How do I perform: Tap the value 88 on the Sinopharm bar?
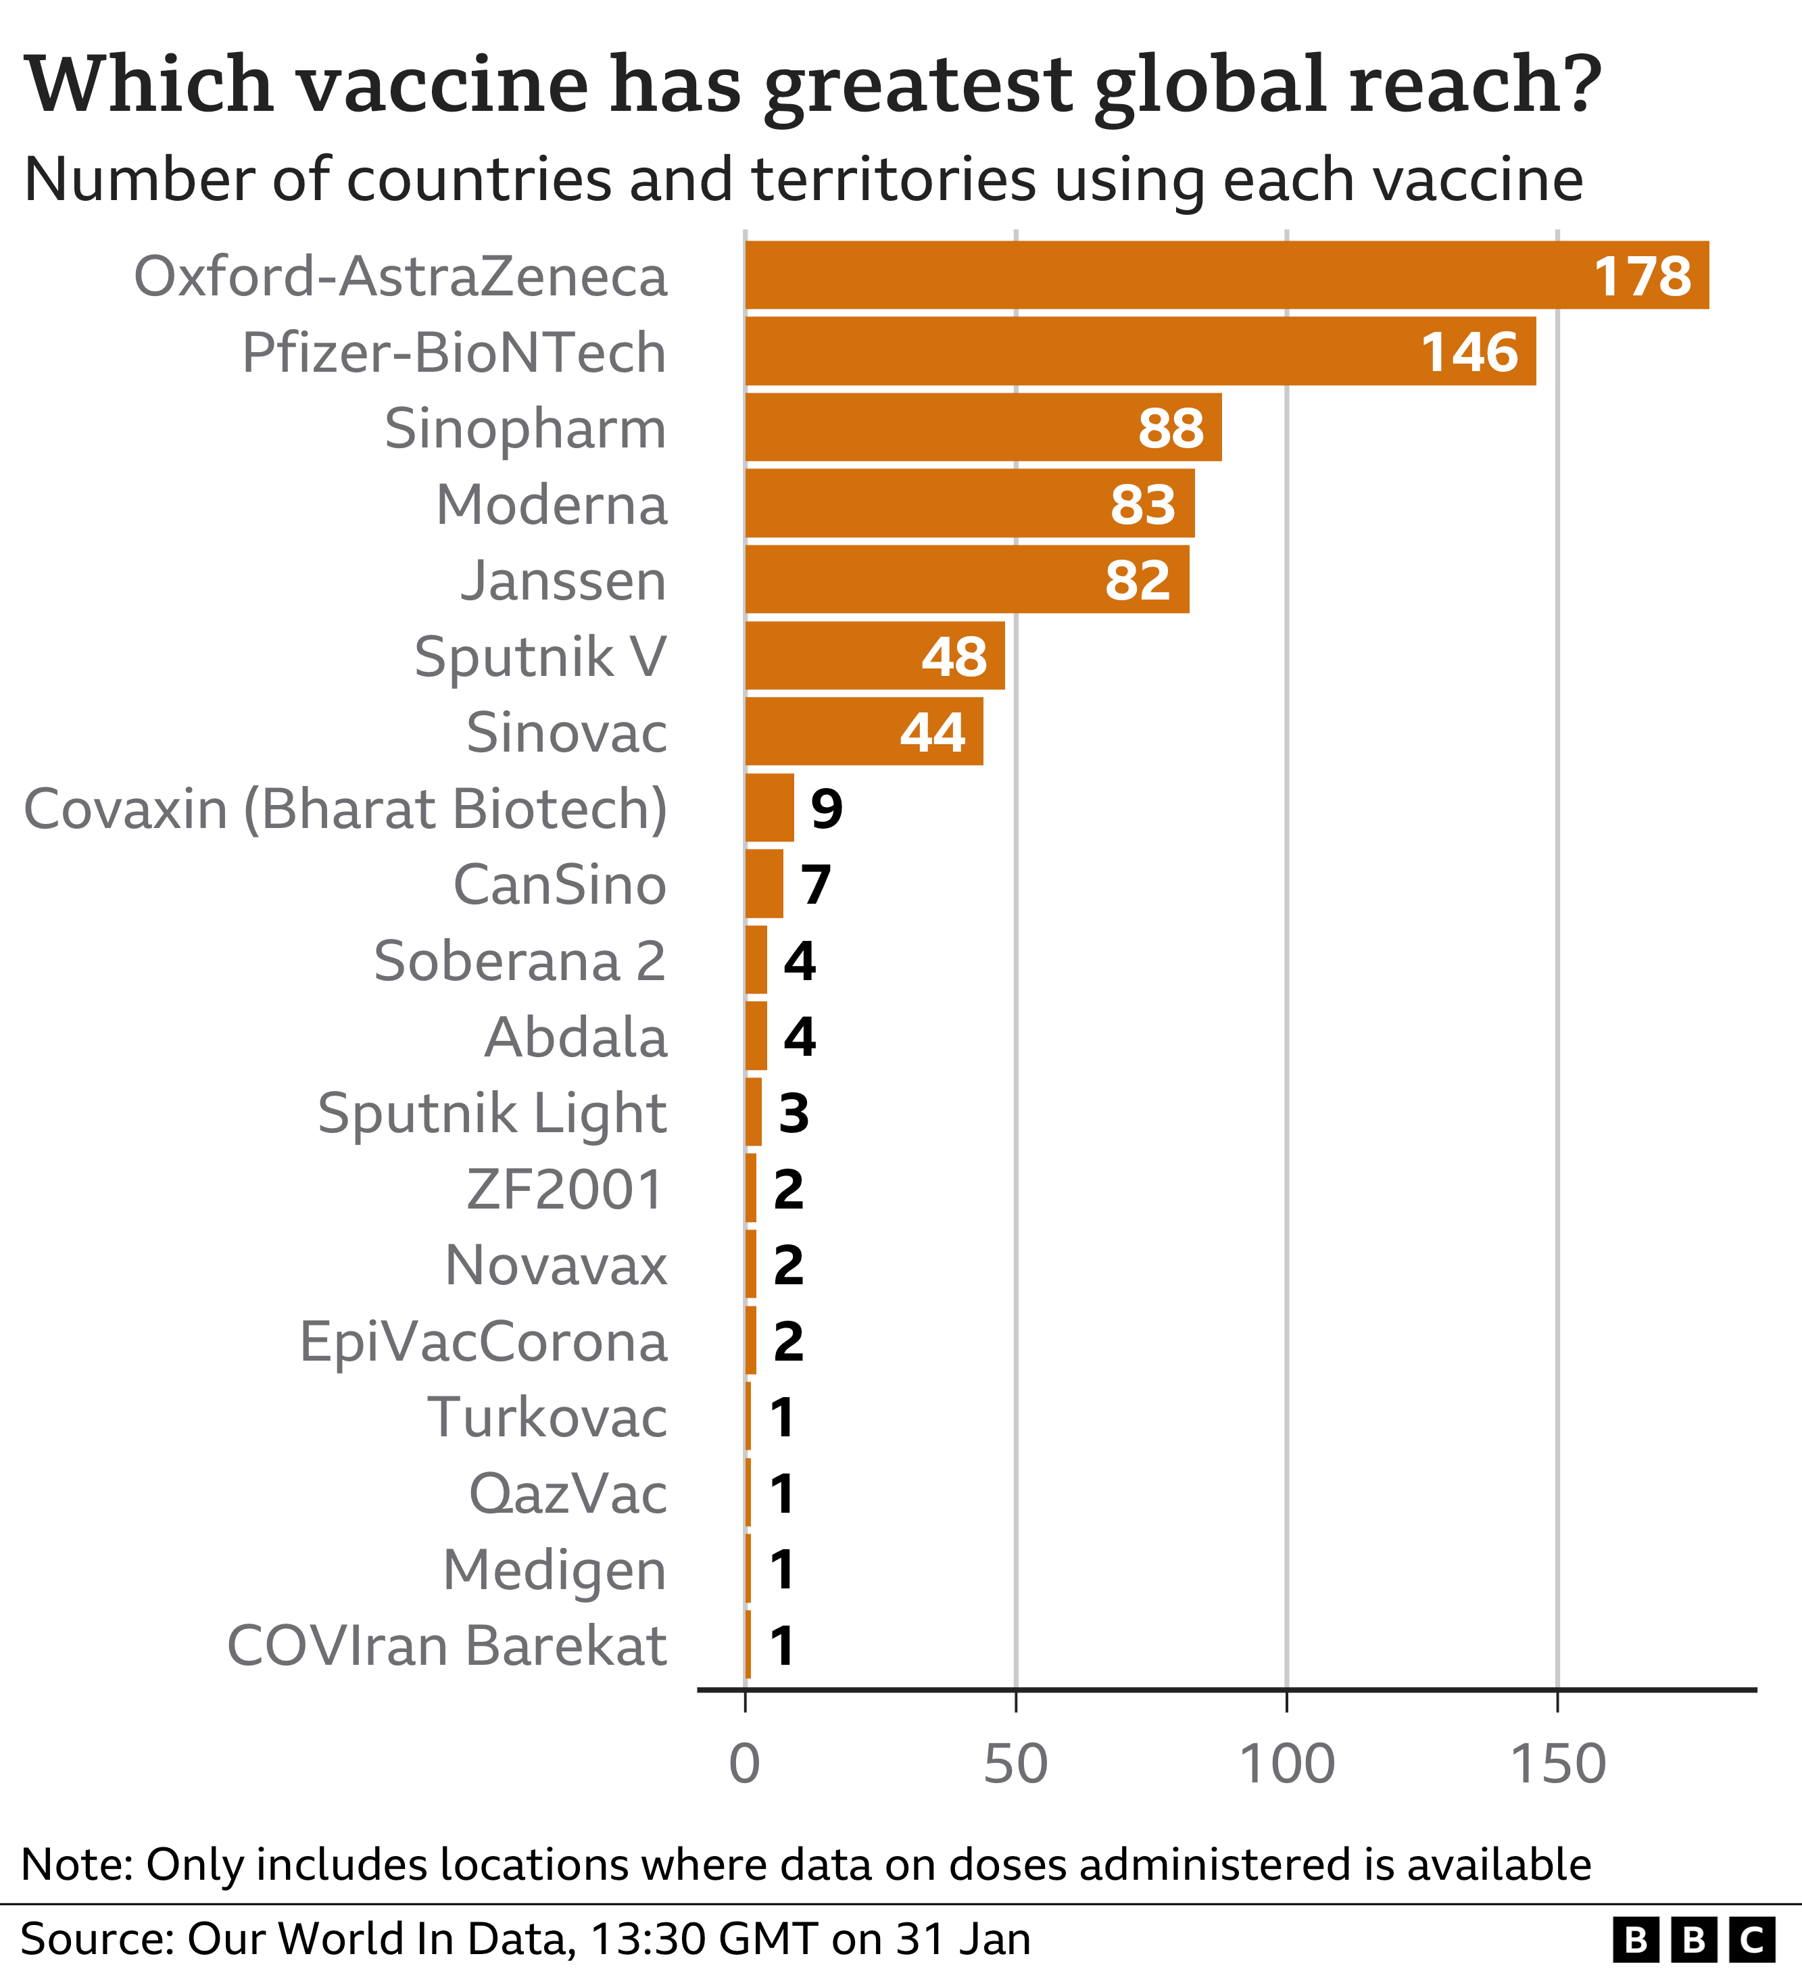pos(1171,429)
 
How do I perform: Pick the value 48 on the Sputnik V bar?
pos(954,656)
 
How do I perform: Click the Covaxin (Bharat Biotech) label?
pos(345,808)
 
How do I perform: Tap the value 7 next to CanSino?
pos(815,885)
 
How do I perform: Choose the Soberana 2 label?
pos(519,961)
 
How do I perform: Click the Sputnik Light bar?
pos(754,1113)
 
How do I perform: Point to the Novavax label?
pos(556,1265)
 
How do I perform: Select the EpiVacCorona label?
pos(483,1341)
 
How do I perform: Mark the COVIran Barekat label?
pos(447,1645)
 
